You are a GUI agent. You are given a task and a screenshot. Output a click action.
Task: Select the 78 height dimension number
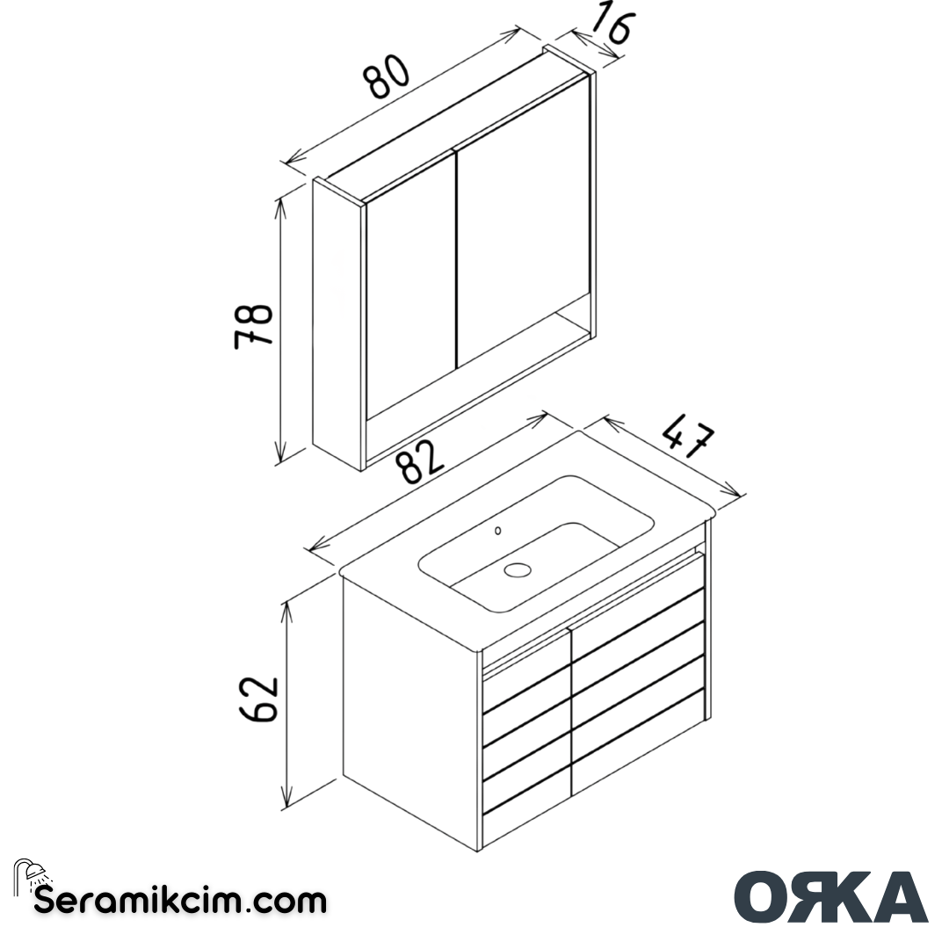tap(254, 326)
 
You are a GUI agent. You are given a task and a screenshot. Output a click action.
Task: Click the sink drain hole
tap(518, 569)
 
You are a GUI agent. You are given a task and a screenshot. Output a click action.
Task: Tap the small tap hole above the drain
tap(498, 530)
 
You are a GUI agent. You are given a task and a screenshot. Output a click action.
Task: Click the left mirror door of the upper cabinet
tap(409, 290)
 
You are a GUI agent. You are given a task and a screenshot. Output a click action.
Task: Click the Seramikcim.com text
tap(180, 901)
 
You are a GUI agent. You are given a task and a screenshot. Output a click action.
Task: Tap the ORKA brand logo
tap(830, 897)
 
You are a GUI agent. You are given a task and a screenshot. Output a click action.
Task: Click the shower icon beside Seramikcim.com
tap(32, 874)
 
